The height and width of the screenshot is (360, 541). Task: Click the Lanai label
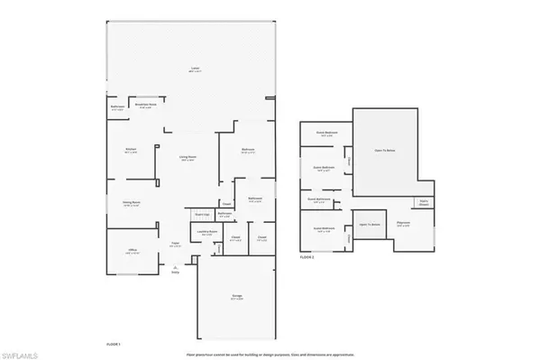pyautogui.click(x=193, y=68)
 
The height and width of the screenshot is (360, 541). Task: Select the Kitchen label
pyautogui.click(x=128, y=150)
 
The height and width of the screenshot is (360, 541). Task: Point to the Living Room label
pyautogui.click(x=188, y=159)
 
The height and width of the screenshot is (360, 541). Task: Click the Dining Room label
pyautogui.click(x=129, y=204)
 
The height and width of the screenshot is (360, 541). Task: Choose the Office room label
pyautogui.click(x=133, y=253)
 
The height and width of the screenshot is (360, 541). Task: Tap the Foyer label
pyautogui.click(x=176, y=244)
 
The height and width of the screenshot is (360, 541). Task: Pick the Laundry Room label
pyautogui.click(x=205, y=232)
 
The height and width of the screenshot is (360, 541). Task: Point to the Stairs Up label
pyautogui.click(x=203, y=215)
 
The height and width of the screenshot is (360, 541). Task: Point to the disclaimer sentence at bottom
pyautogui.click(x=270, y=354)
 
